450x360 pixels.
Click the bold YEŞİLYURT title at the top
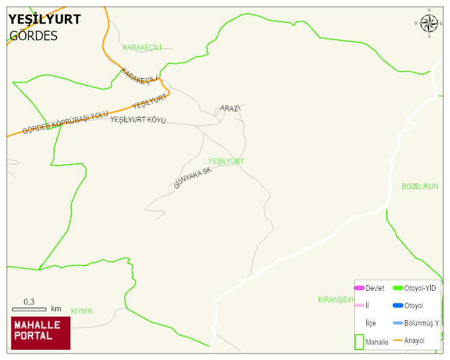[x=44, y=19]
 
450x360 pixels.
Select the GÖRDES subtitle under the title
[x=33, y=36]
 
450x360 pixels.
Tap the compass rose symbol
[x=429, y=23]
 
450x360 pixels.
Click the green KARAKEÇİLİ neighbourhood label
[x=142, y=48]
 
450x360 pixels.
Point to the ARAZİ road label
[x=230, y=108]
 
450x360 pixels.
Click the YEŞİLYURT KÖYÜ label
[x=138, y=120]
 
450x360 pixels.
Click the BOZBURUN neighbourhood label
[x=420, y=187]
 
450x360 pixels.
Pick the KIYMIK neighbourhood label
[x=82, y=311]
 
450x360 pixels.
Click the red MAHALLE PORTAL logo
[x=41, y=333]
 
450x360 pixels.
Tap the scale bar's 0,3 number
[x=29, y=301]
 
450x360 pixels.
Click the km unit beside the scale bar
[x=56, y=309]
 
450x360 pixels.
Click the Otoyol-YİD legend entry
[x=420, y=288]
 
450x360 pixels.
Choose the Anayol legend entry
[x=414, y=341]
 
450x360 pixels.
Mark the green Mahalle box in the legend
[x=359, y=341]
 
